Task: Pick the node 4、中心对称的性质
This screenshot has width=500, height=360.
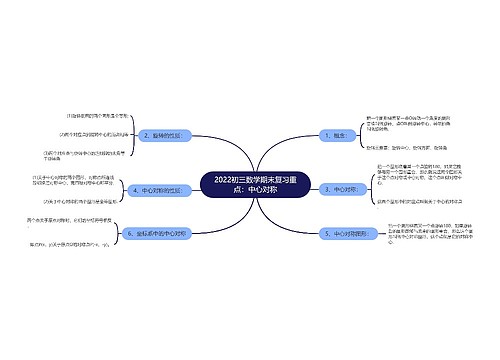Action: coord(159,188)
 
